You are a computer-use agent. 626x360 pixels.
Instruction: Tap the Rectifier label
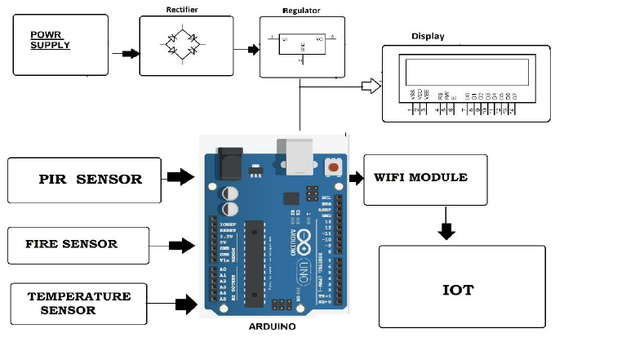(182, 10)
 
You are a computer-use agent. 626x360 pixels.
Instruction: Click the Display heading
(428, 36)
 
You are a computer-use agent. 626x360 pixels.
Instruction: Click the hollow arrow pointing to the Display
(371, 83)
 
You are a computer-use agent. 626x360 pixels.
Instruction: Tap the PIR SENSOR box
(86, 180)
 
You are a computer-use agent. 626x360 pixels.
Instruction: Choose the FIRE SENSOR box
(78, 244)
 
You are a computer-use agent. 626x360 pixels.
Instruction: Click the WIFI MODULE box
(425, 179)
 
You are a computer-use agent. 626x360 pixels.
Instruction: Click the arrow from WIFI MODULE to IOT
(445, 226)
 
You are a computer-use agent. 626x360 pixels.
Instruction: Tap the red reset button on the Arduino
(333, 167)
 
